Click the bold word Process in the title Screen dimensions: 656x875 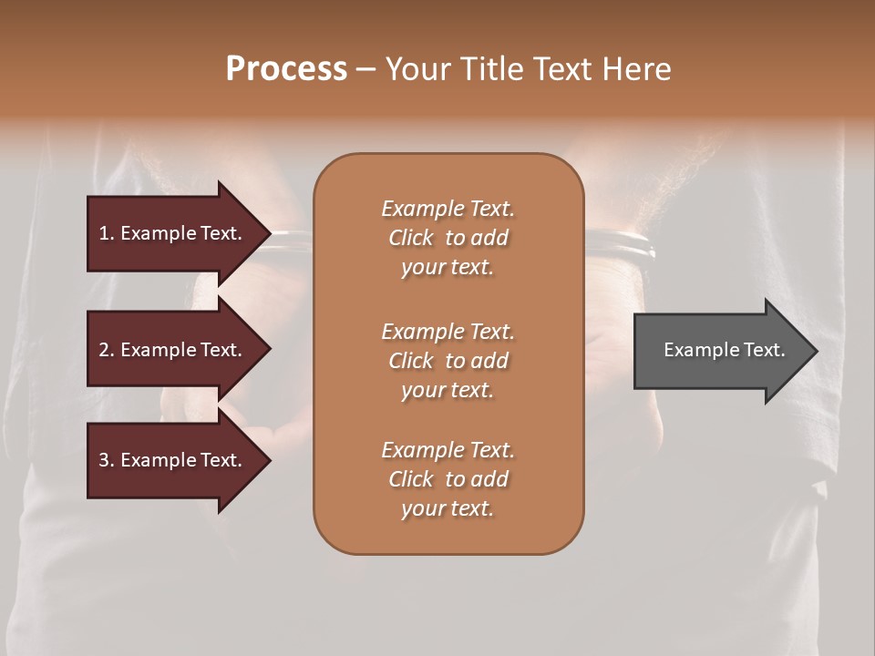click(x=286, y=68)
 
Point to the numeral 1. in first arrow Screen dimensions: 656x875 click(x=107, y=233)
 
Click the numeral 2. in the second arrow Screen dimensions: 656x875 click(x=107, y=350)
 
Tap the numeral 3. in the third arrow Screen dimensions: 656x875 click(x=107, y=460)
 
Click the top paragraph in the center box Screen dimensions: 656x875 click(x=448, y=238)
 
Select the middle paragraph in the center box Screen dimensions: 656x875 click(x=448, y=361)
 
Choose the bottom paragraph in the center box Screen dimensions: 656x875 click(x=448, y=479)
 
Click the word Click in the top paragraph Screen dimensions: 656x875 click(x=410, y=238)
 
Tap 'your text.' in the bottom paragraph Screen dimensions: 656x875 click(x=448, y=509)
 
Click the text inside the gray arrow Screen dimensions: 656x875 click(x=725, y=350)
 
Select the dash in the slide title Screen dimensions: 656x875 click(x=365, y=69)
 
